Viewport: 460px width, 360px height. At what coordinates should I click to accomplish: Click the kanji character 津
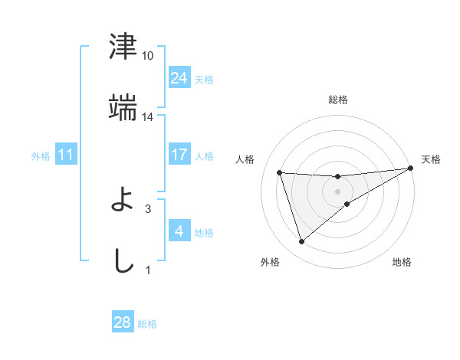pyautogui.click(x=123, y=47)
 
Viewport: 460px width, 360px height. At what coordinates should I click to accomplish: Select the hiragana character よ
pyautogui.click(x=123, y=201)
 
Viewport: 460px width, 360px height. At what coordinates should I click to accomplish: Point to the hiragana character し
pyautogui.click(x=123, y=260)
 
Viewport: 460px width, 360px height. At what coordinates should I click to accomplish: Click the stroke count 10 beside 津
pyautogui.click(x=148, y=56)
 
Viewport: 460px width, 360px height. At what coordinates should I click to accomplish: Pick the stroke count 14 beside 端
pyautogui.click(x=148, y=116)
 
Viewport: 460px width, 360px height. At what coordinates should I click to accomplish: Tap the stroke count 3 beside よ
pyautogui.click(x=148, y=208)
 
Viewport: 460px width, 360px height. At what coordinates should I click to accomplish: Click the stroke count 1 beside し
pyautogui.click(x=148, y=270)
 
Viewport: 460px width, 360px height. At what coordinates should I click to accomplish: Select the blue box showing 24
pyautogui.click(x=179, y=78)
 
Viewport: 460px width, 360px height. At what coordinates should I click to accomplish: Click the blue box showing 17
pyautogui.click(x=179, y=155)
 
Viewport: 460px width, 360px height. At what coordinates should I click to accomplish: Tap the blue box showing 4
pyautogui.click(x=179, y=231)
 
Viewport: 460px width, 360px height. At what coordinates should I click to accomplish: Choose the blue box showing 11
pyautogui.click(x=66, y=155)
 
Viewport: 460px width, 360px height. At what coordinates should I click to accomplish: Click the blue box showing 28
pyautogui.click(x=123, y=322)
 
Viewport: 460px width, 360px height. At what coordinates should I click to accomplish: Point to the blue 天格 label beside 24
pyautogui.click(x=204, y=80)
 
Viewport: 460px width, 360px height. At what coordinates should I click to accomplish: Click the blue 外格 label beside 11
pyautogui.click(x=41, y=156)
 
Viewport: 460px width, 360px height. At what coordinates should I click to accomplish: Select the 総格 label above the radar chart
pyautogui.click(x=338, y=100)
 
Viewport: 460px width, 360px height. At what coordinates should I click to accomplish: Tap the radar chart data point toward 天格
pyautogui.click(x=411, y=169)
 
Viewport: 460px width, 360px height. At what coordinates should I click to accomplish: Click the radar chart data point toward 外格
pyautogui.click(x=301, y=242)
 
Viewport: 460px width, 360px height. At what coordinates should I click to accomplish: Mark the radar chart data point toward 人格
pyautogui.click(x=280, y=173)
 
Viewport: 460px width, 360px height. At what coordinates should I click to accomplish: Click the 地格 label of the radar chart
pyautogui.click(x=402, y=263)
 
